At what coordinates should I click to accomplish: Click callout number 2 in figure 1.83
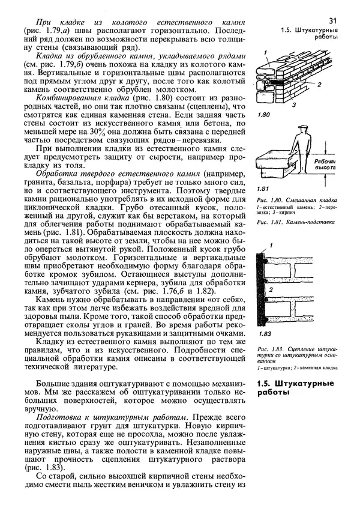[x=271, y=290]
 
